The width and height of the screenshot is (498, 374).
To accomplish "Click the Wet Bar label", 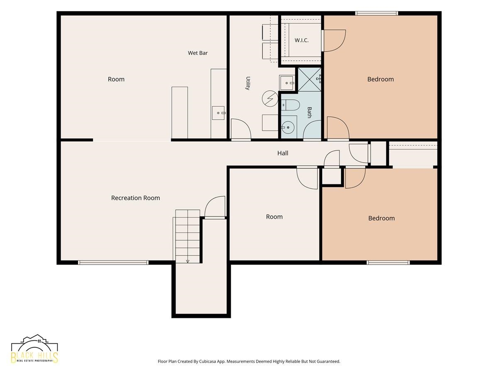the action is pyautogui.click(x=198, y=53).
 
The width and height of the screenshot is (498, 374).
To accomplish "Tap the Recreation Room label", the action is pyautogui.click(x=135, y=198).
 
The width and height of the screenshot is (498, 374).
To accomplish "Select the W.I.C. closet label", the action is pyautogui.click(x=301, y=40).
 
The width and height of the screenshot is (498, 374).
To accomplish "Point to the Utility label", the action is pyautogui.click(x=248, y=83).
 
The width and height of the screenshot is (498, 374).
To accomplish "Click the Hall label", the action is pyautogui.click(x=283, y=153).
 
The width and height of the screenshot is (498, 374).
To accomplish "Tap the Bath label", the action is pyautogui.click(x=309, y=112).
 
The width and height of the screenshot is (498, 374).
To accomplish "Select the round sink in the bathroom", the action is pyautogui.click(x=288, y=128).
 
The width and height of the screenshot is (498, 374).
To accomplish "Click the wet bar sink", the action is pyautogui.click(x=218, y=113).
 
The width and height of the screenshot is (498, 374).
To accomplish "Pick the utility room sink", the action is pyautogui.click(x=287, y=83).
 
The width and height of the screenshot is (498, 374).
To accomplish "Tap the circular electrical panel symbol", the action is pyautogui.click(x=270, y=98).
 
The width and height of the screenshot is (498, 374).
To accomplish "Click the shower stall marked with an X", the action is pyautogui.click(x=309, y=79).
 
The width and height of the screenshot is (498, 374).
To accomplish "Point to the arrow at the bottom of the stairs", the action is pyautogui.click(x=188, y=261).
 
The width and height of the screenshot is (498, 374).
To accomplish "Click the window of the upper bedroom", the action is pyautogui.click(x=376, y=13).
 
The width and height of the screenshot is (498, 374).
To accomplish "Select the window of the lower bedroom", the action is pyautogui.click(x=388, y=263).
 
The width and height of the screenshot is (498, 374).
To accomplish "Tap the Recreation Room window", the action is pyautogui.click(x=113, y=263).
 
